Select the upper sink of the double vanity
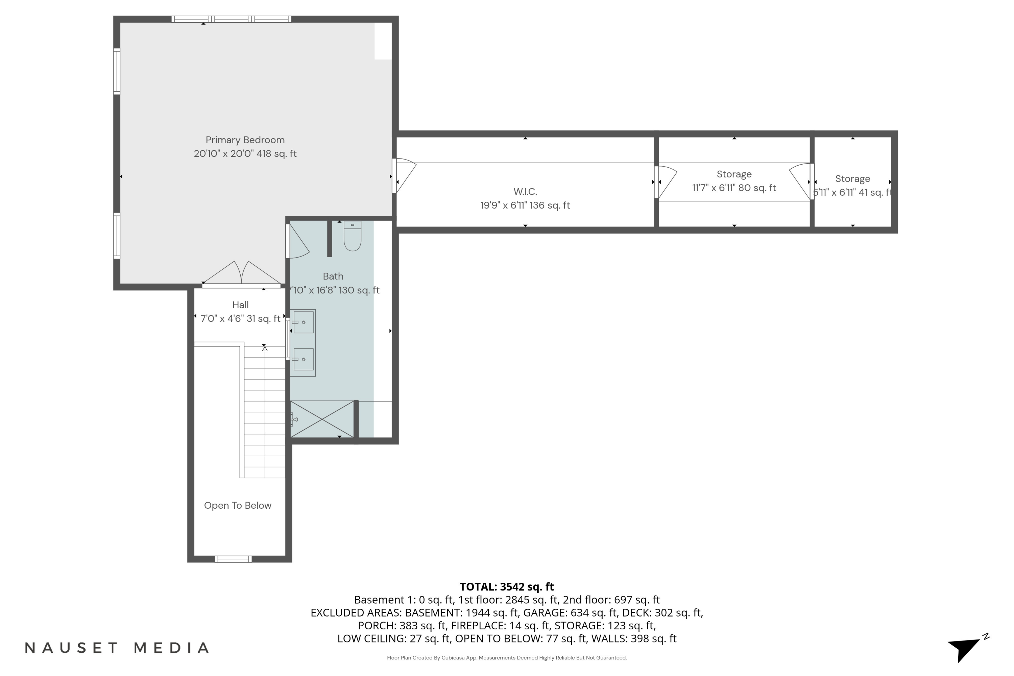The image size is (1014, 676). (x=303, y=322)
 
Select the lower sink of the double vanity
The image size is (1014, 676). (x=303, y=359)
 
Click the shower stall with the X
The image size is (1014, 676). (x=322, y=419)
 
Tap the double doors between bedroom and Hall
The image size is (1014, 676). (x=241, y=274)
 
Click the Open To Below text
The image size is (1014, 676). (x=238, y=505)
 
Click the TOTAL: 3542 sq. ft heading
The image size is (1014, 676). (x=507, y=587)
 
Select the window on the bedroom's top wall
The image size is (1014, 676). (x=231, y=19)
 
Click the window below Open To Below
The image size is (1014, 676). (x=233, y=559)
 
